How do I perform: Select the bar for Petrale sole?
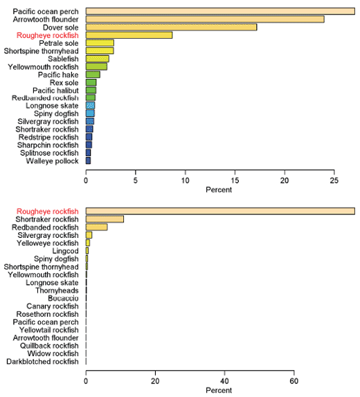100,43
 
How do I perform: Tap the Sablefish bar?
97,59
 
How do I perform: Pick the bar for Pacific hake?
93,74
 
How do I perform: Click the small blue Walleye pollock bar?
88,160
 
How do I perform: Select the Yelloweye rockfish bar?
88,243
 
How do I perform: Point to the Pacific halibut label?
55,90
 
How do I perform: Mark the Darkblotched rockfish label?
42,361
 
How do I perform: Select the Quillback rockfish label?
47,345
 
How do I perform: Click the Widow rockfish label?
53,353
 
